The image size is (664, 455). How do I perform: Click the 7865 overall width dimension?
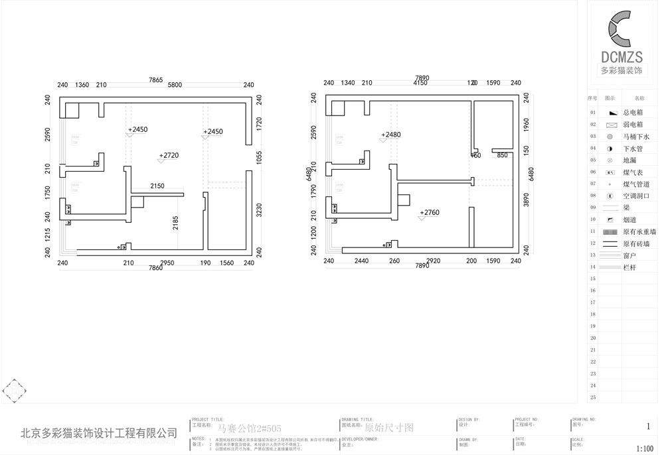[155, 80]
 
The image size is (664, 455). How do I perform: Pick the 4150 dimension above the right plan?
[420, 84]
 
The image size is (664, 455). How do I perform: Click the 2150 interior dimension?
[157, 186]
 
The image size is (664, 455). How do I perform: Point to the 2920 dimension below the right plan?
[434, 261]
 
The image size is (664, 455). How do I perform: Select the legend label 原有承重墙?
[639, 231]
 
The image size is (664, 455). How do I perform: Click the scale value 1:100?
[645, 448]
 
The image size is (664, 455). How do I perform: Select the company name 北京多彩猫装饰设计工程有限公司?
[99, 433]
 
